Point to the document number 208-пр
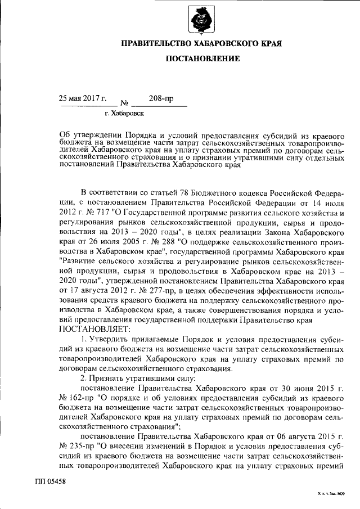(161, 98)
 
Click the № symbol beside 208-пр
(125, 103)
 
